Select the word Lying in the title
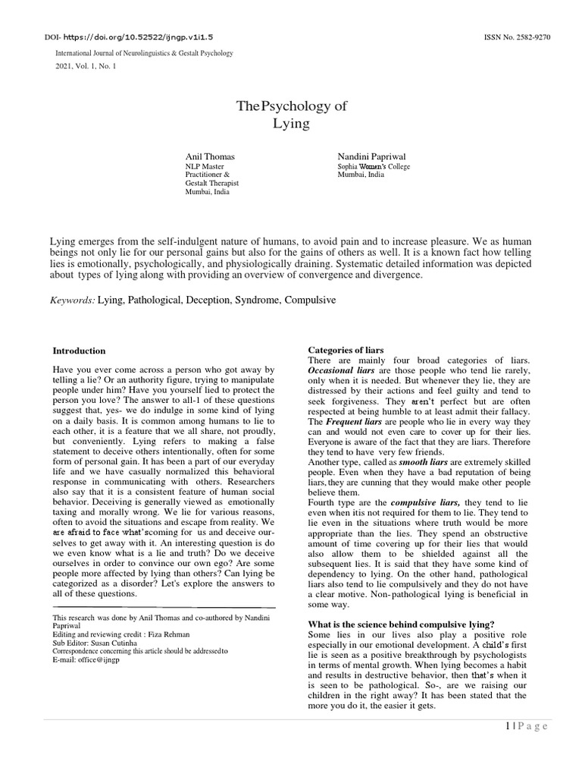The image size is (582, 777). point(291,123)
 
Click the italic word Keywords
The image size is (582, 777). point(72,300)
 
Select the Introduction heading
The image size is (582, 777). point(79,351)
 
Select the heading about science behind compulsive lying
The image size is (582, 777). point(401,624)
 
